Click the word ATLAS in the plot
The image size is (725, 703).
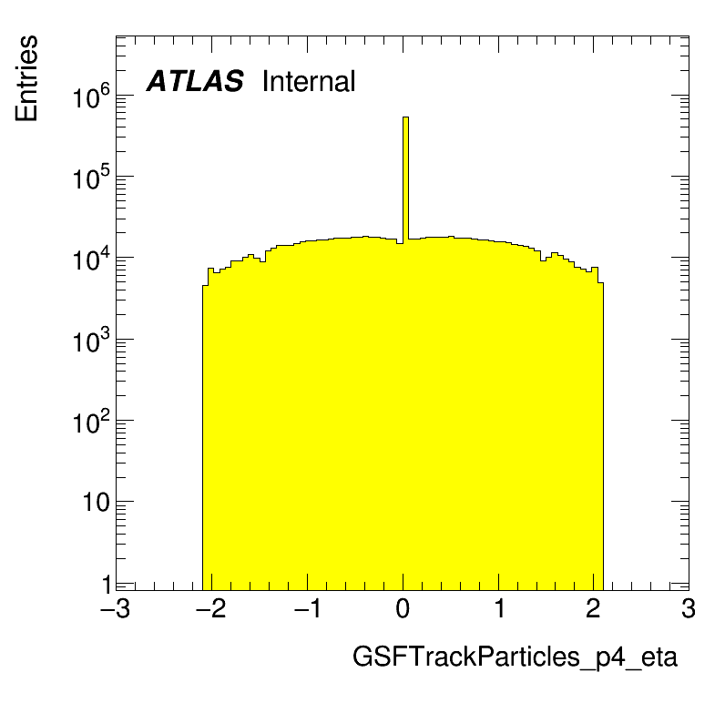coord(195,82)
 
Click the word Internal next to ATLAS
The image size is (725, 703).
coord(308,82)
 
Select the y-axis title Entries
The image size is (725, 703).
coord(27,78)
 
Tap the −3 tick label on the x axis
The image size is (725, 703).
coord(115,609)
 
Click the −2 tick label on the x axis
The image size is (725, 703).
coord(210,609)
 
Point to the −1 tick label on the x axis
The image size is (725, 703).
coord(306,609)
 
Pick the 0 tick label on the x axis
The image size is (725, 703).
coord(403,609)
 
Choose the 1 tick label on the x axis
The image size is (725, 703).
coord(498,609)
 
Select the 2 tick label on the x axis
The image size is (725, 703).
coord(594,609)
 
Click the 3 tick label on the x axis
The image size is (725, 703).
coord(689,609)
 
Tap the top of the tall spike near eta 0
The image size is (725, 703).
coord(405,117)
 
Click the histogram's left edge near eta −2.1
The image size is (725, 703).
coord(202,437)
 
